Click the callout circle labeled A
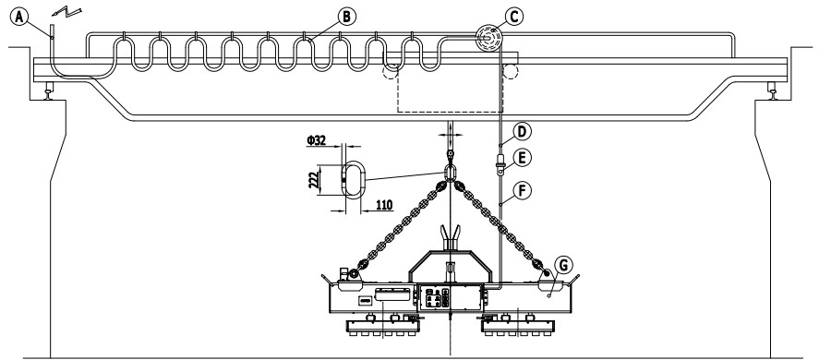click(x=19, y=17)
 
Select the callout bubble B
click(x=346, y=17)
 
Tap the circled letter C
click(x=514, y=17)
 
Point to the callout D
click(x=523, y=132)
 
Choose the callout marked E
click(x=523, y=157)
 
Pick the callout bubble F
click(x=523, y=191)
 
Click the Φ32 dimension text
click(x=317, y=140)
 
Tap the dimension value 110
click(x=384, y=205)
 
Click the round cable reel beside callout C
click(x=488, y=38)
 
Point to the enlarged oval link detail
click(x=354, y=179)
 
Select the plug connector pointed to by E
click(x=500, y=163)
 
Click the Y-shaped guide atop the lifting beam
click(x=450, y=238)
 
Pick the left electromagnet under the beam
click(x=383, y=328)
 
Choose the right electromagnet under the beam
click(x=517, y=328)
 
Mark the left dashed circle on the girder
click(x=390, y=71)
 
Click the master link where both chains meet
click(x=449, y=173)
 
